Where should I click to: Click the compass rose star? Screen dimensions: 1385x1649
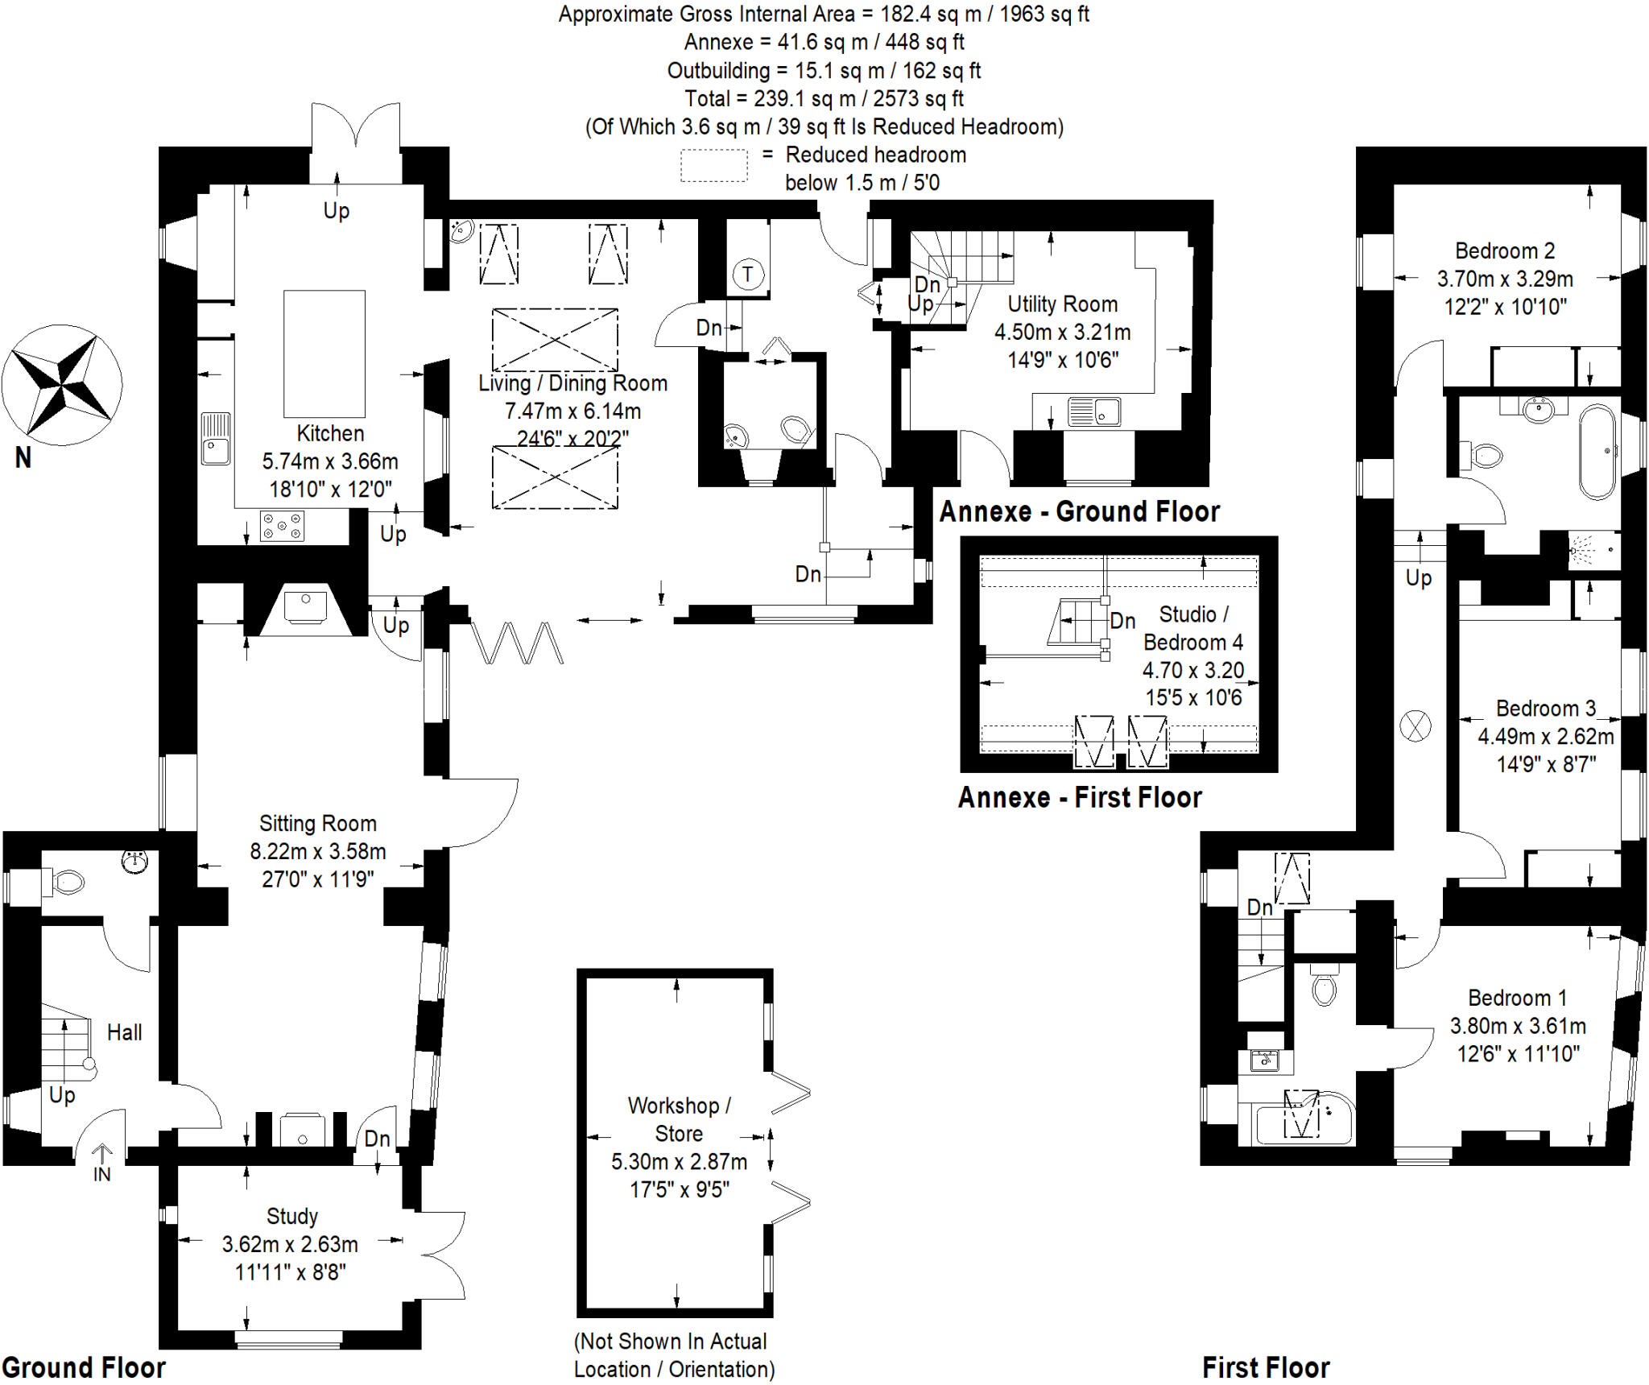[62, 385]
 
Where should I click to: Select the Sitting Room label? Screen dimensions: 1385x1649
[317, 823]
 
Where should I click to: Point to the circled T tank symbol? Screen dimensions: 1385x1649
[747, 275]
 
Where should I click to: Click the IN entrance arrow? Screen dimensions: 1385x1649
[101, 1157]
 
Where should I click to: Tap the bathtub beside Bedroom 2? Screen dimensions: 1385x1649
[1597, 452]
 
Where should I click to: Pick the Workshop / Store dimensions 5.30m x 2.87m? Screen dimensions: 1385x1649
[679, 1161]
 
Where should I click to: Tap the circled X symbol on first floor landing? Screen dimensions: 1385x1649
[1415, 726]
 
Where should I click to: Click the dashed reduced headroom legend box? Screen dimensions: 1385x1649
[713, 165]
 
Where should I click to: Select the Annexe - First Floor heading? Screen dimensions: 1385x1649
[1079, 797]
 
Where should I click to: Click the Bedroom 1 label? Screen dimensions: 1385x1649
[1517, 998]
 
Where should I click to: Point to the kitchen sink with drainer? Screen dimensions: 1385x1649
[215, 438]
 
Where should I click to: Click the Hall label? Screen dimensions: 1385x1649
[124, 1032]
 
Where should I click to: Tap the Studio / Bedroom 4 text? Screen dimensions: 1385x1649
[1192, 628]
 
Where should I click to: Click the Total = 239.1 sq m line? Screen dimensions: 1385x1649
[823, 98]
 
